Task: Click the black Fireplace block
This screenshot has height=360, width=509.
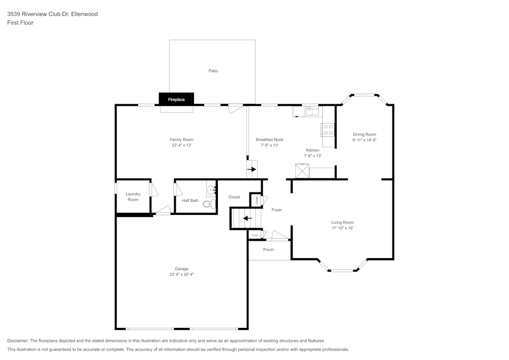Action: pos(176,99)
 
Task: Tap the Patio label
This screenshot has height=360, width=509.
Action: pos(213,71)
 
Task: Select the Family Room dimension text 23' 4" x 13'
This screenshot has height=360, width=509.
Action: pos(181,145)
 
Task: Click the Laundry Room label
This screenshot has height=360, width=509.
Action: pos(133,197)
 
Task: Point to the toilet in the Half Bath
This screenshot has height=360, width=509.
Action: pos(208,204)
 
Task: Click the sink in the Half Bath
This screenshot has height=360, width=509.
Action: pos(211,191)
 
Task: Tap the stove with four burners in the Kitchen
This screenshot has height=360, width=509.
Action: pos(328,130)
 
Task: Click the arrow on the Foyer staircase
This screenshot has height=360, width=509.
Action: pos(247,218)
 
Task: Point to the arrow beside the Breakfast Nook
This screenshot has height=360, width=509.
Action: pos(252,169)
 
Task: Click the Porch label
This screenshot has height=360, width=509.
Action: pos(268,250)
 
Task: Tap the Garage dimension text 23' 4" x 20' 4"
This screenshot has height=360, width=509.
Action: pos(182,274)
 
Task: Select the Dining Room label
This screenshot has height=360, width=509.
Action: pos(364,134)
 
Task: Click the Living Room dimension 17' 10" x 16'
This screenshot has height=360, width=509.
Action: pos(342,228)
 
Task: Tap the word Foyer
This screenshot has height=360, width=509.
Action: pos(276,210)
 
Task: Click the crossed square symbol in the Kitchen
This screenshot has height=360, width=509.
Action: pos(302,171)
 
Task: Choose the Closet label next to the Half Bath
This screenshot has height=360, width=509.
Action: pos(234,197)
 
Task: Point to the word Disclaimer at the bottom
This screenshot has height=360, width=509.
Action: pos(18,341)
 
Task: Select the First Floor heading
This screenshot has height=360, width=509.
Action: pos(20,23)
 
